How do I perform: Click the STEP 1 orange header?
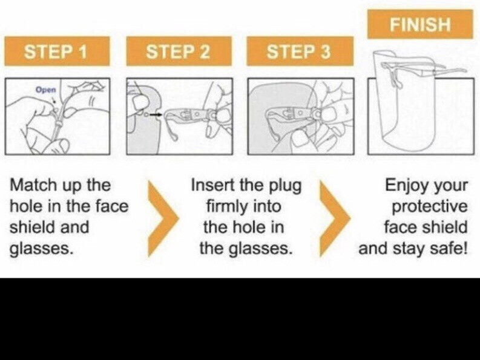coord(57,51)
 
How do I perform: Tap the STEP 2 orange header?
coord(179,51)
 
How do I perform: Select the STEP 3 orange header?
coord(300,51)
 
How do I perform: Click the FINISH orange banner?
coord(420,24)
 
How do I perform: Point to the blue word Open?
coord(46,90)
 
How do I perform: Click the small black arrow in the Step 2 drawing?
coord(156,114)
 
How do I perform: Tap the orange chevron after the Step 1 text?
coord(163,218)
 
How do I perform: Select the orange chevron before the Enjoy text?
coord(335,218)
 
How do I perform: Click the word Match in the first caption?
coord(33,185)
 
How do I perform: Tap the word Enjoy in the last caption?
coord(404,186)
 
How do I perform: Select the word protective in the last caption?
coord(430,207)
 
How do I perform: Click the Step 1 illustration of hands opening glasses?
coord(58,116)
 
